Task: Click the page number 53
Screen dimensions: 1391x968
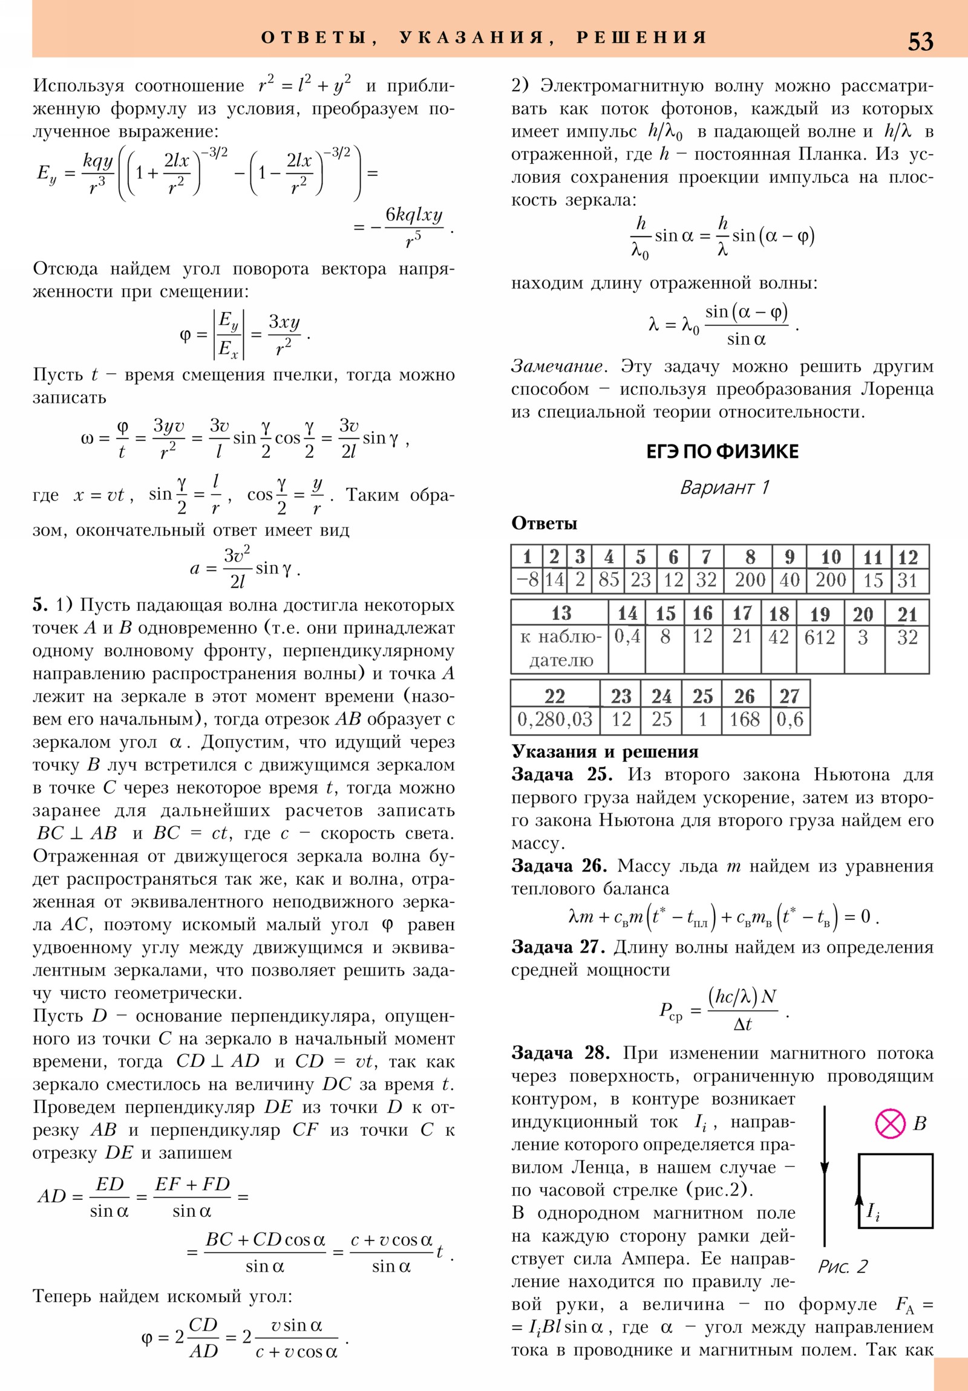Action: [920, 41]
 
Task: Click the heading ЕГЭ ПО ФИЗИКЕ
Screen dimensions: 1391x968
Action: [722, 451]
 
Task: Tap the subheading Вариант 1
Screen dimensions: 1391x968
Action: [724, 487]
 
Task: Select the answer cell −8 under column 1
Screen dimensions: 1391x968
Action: [527, 580]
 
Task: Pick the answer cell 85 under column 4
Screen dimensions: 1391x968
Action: [609, 580]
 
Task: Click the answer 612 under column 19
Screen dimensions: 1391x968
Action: [820, 637]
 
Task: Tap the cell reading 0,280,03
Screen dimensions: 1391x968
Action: [555, 720]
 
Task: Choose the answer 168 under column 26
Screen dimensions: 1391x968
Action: [744, 720]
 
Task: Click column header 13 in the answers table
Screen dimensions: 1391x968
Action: [560, 613]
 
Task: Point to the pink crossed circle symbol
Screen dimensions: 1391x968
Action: [890, 1124]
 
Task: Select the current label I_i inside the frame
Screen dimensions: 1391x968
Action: [874, 1211]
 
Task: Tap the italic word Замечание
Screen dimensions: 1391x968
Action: [557, 366]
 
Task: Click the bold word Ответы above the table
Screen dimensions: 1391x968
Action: [544, 524]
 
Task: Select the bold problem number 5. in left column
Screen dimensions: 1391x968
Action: [39, 605]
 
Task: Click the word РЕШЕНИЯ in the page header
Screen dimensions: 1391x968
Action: [641, 37]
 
